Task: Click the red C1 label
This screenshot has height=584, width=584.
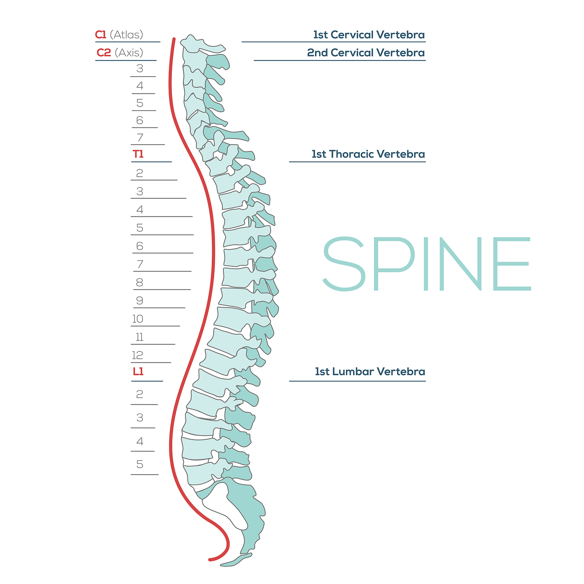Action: click(x=100, y=35)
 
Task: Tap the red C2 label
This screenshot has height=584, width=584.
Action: click(x=104, y=53)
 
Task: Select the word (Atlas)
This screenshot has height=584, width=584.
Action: click(x=126, y=35)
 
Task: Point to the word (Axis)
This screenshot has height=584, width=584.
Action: click(x=129, y=53)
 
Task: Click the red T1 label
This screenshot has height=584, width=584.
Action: click(x=138, y=154)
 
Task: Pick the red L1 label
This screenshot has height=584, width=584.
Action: click(x=138, y=372)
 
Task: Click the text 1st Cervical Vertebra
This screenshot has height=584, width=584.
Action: click(x=369, y=35)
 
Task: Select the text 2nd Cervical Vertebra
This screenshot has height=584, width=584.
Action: click(x=366, y=53)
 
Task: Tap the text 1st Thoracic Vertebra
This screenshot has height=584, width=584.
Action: click(x=368, y=154)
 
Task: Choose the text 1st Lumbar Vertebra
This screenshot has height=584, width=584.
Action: click(x=370, y=372)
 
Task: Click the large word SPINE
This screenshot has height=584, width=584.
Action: click(x=426, y=264)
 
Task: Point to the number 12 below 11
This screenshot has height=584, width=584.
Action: click(x=138, y=355)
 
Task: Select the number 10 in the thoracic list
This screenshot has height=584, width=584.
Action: click(x=138, y=319)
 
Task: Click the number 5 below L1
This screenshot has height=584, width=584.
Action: click(x=140, y=464)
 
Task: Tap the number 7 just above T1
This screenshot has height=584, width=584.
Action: click(x=140, y=138)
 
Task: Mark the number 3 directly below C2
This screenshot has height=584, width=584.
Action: click(x=140, y=69)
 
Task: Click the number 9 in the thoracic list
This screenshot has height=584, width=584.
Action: click(x=139, y=301)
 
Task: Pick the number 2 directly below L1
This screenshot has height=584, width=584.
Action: click(x=139, y=394)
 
